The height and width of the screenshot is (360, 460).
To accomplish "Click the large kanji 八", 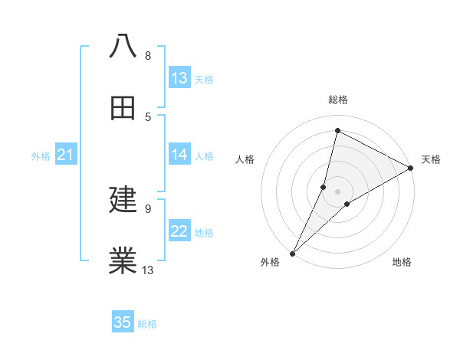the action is pyautogui.click(x=123, y=46).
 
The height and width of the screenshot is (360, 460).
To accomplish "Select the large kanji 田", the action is pyautogui.click(x=123, y=108).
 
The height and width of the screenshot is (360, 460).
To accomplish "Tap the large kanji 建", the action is pyautogui.click(x=123, y=200).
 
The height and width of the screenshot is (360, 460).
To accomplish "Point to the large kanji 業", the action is pyautogui.click(x=123, y=261).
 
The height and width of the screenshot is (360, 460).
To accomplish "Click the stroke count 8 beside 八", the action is pyautogui.click(x=148, y=56).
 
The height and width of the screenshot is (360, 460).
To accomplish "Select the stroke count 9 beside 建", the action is pyautogui.click(x=148, y=208).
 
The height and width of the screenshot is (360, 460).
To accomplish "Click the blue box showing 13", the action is pyautogui.click(x=179, y=78).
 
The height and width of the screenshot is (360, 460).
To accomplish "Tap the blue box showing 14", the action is pyautogui.click(x=179, y=155).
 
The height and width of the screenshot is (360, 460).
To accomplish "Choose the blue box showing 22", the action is pyautogui.click(x=179, y=231).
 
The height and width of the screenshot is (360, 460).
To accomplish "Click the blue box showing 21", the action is pyautogui.click(x=65, y=155).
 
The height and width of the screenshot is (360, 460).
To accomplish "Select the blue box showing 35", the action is pyautogui.click(x=123, y=322).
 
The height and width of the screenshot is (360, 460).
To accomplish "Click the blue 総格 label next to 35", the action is pyautogui.click(x=147, y=324).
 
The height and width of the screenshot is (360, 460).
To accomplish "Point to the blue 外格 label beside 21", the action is pyautogui.click(x=41, y=156).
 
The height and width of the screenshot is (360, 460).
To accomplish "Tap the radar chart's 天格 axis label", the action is pyautogui.click(x=431, y=159).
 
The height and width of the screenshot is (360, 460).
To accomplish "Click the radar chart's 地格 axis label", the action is pyautogui.click(x=402, y=263).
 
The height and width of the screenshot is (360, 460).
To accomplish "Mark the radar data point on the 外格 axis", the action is pyautogui.click(x=292, y=253).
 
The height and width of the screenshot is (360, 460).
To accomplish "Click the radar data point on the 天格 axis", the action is pyautogui.click(x=411, y=169).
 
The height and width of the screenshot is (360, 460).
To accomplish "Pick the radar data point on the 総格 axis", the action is pyautogui.click(x=337, y=130).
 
